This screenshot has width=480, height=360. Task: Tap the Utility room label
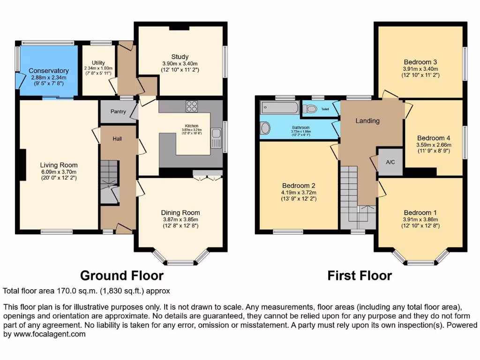98,63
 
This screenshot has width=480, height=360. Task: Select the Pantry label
118,112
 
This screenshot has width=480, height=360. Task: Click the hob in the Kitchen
192,106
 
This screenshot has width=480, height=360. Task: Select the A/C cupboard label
390,162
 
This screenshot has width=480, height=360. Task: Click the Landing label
367,120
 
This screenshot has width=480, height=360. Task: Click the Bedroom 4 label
434,138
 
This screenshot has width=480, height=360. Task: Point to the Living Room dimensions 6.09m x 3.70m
59,172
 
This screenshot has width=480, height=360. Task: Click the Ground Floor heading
121,275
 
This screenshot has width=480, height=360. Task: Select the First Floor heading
360,275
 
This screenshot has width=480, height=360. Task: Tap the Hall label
118,139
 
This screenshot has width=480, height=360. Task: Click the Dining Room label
180,213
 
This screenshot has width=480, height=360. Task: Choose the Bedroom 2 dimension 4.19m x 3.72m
299,192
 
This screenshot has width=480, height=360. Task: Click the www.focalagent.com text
47,334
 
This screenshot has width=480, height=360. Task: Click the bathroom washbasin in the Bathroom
265,128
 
